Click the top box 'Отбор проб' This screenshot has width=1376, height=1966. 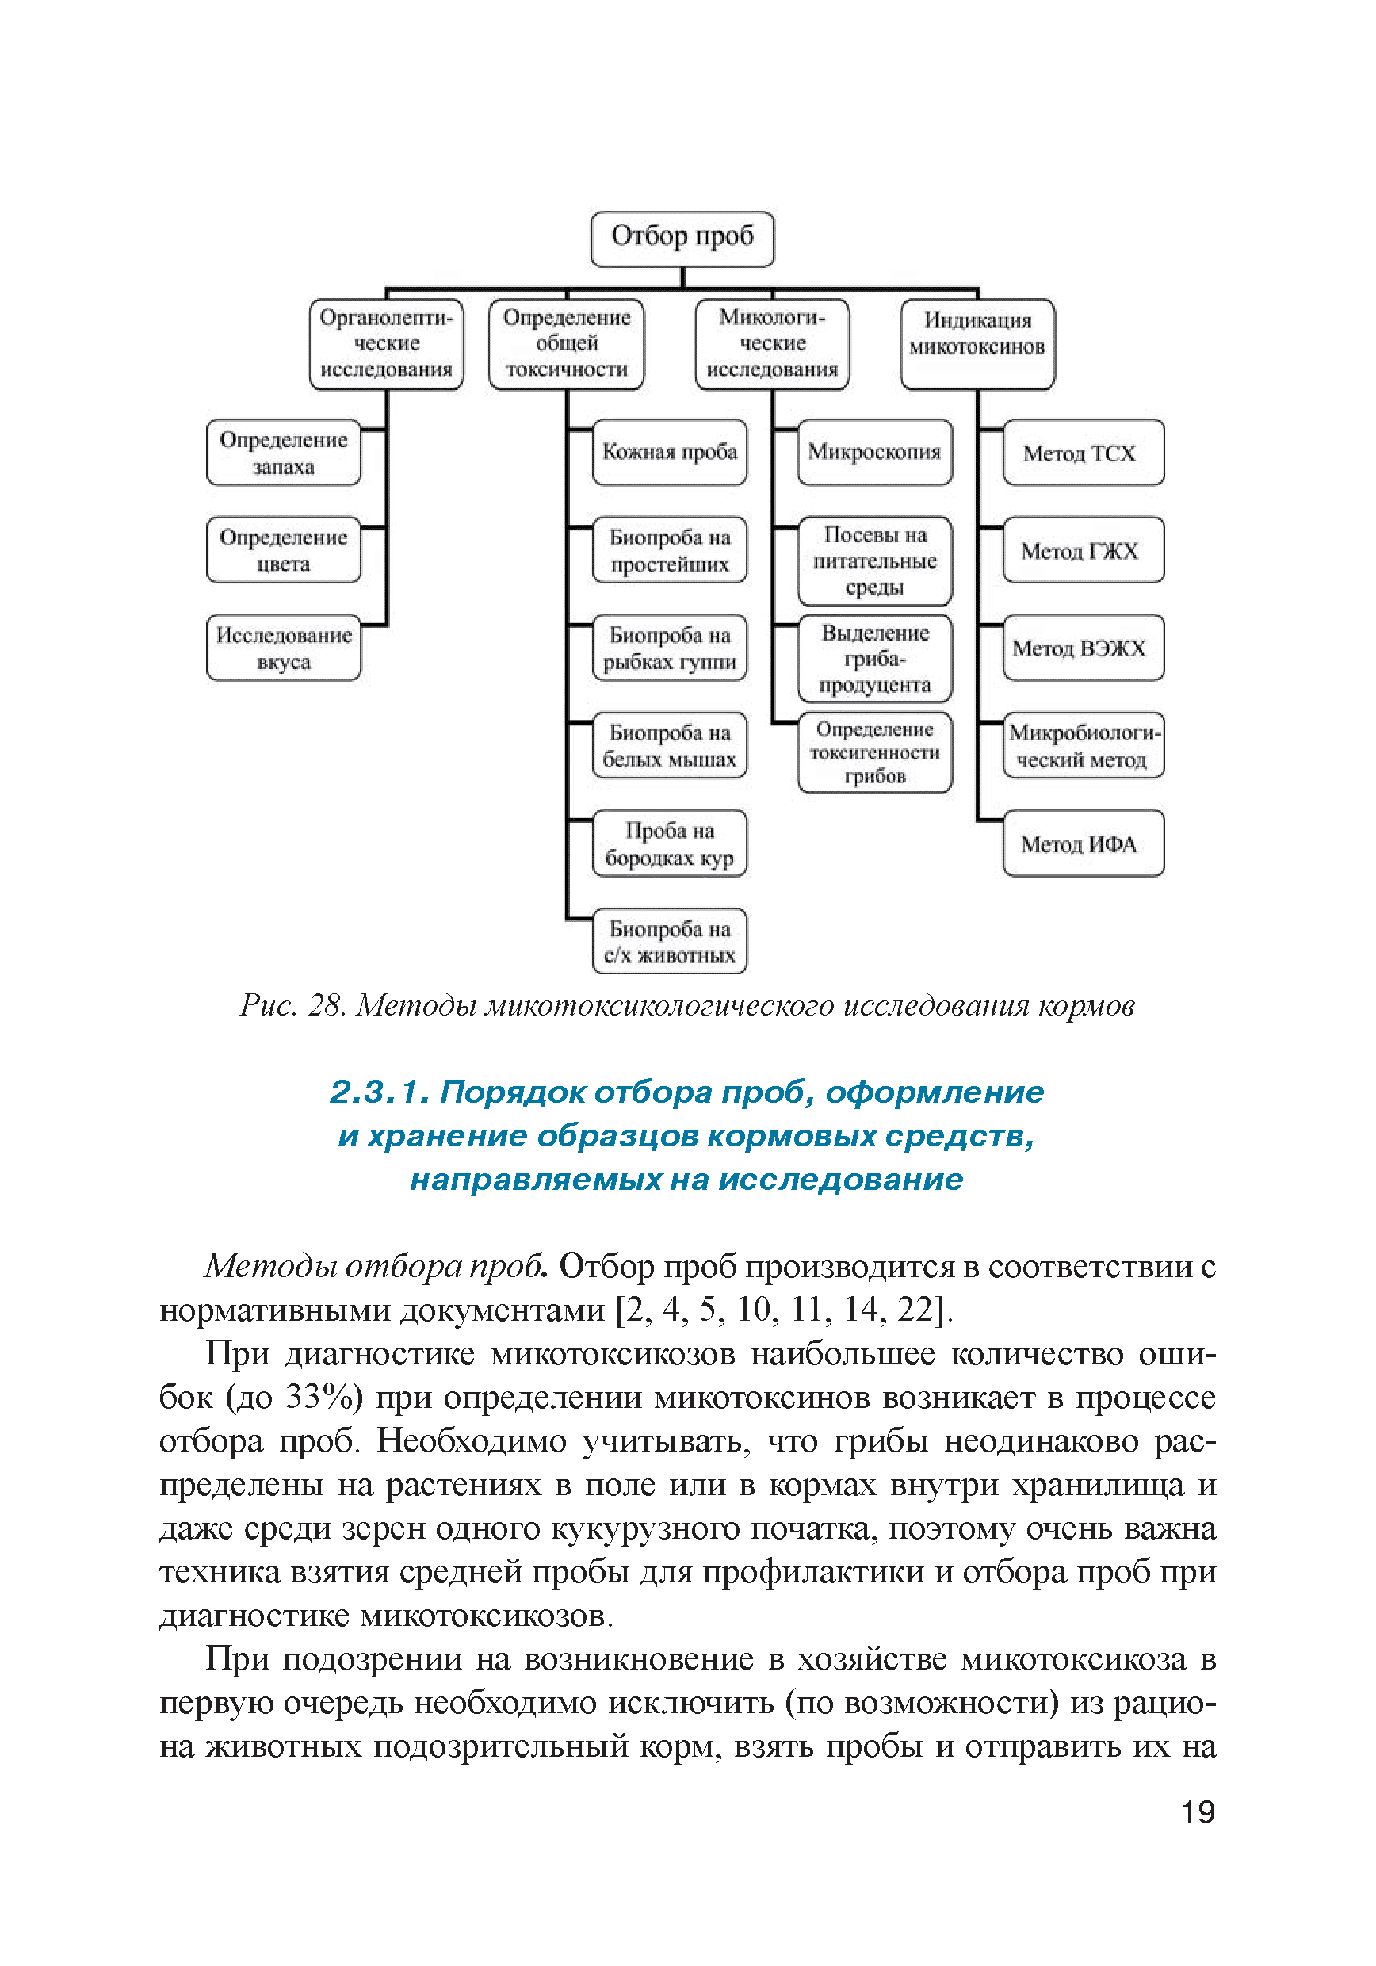(682, 238)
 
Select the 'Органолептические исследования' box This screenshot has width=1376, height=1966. (386, 344)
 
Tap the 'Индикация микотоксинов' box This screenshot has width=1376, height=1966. (977, 344)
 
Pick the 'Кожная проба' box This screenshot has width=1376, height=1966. (669, 452)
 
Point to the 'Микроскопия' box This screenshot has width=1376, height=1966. (874, 452)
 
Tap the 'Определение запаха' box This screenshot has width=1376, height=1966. (284, 453)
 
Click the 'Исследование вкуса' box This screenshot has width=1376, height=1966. (284, 648)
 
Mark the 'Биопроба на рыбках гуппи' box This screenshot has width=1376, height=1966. (669, 648)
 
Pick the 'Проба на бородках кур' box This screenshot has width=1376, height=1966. (669, 843)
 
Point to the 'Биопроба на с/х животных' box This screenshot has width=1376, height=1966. (669, 941)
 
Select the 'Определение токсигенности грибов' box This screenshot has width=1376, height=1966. (874, 752)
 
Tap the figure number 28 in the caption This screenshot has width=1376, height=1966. (326, 1005)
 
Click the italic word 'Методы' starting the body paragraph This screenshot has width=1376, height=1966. (269, 1267)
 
